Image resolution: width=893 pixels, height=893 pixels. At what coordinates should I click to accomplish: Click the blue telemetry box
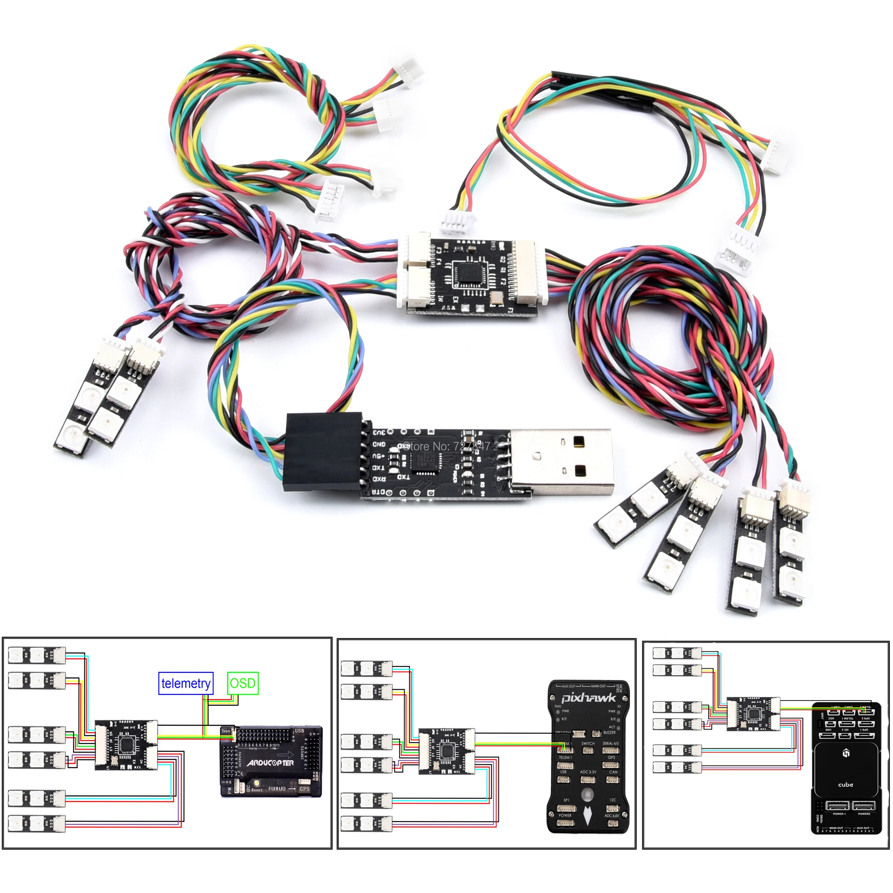[x=185, y=683]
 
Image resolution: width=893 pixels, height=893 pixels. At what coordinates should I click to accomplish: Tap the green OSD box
[x=242, y=683]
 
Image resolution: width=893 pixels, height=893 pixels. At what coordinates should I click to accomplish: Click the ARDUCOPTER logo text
[x=271, y=763]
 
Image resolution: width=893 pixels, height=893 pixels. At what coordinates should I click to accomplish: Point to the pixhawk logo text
[x=588, y=697]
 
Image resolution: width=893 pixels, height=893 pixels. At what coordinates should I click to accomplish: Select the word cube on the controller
[x=845, y=785]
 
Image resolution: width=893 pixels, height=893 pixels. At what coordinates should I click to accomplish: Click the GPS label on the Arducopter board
[x=304, y=789]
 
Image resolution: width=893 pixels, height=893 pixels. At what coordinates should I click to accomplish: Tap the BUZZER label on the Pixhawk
[x=609, y=733]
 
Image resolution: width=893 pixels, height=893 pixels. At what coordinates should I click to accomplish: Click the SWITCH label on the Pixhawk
[x=588, y=744]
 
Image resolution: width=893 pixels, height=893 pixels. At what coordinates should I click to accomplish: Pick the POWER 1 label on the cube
[x=839, y=814]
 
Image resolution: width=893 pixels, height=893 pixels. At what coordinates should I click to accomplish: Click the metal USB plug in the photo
[x=562, y=462]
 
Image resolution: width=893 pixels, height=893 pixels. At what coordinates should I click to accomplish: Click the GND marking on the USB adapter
[x=379, y=444]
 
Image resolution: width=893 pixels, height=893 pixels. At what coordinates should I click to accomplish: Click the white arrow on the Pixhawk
[x=587, y=816]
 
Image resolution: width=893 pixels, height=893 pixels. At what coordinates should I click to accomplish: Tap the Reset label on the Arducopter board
[x=257, y=790]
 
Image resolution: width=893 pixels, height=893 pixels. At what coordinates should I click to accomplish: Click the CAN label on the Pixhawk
[x=613, y=772]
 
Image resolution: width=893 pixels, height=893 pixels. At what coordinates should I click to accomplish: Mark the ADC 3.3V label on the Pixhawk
[x=588, y=772]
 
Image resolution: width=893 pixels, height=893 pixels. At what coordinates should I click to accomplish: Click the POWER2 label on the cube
[x=864, y=814]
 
